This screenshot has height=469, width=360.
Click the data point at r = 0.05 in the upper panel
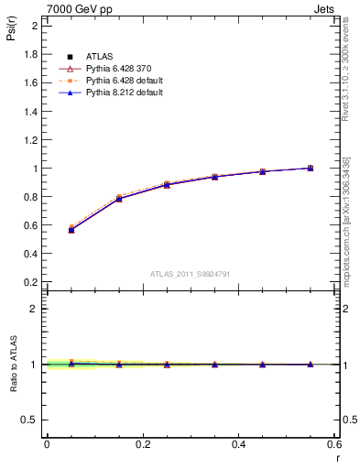(x=71, y=229)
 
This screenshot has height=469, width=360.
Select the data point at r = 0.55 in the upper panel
(x=311, y=169)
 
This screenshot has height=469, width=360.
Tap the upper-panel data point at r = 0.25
(x=167, y=184)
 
